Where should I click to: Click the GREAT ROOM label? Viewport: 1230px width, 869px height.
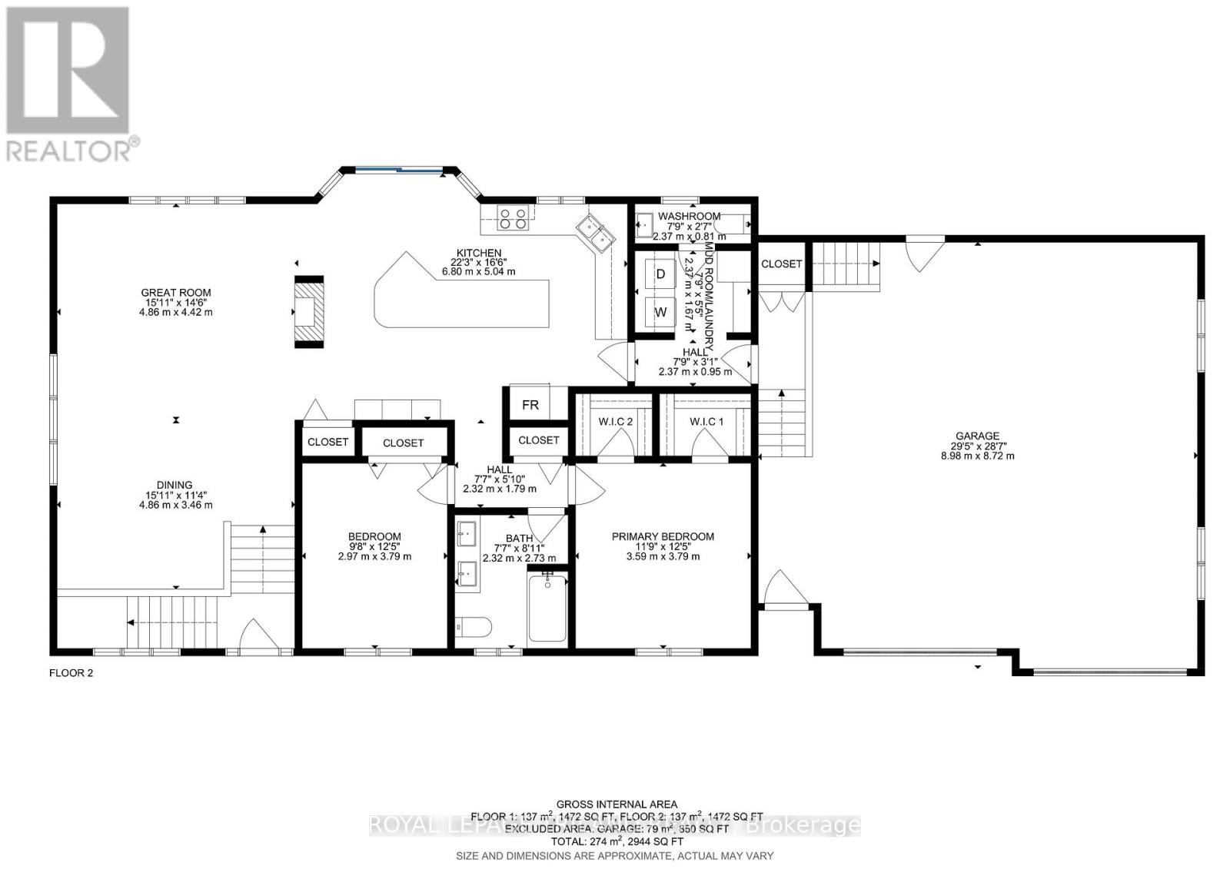175,292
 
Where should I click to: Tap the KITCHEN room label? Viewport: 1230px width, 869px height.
478,253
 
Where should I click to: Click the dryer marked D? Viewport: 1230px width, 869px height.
660,274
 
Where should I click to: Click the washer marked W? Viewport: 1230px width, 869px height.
660,312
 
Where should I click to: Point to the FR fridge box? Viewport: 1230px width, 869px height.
530,405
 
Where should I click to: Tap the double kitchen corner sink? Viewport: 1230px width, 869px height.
596,231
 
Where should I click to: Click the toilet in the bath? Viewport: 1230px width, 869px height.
471,629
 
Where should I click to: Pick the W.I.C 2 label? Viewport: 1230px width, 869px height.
615,421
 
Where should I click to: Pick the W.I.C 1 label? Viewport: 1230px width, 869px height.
706,421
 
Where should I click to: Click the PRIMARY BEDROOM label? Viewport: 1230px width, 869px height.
663,536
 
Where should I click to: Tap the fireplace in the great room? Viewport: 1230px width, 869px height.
310,312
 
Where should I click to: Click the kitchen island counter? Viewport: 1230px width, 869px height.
461,300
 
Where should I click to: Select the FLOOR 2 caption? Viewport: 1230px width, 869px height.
71,673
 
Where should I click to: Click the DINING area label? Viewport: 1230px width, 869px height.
175,485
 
